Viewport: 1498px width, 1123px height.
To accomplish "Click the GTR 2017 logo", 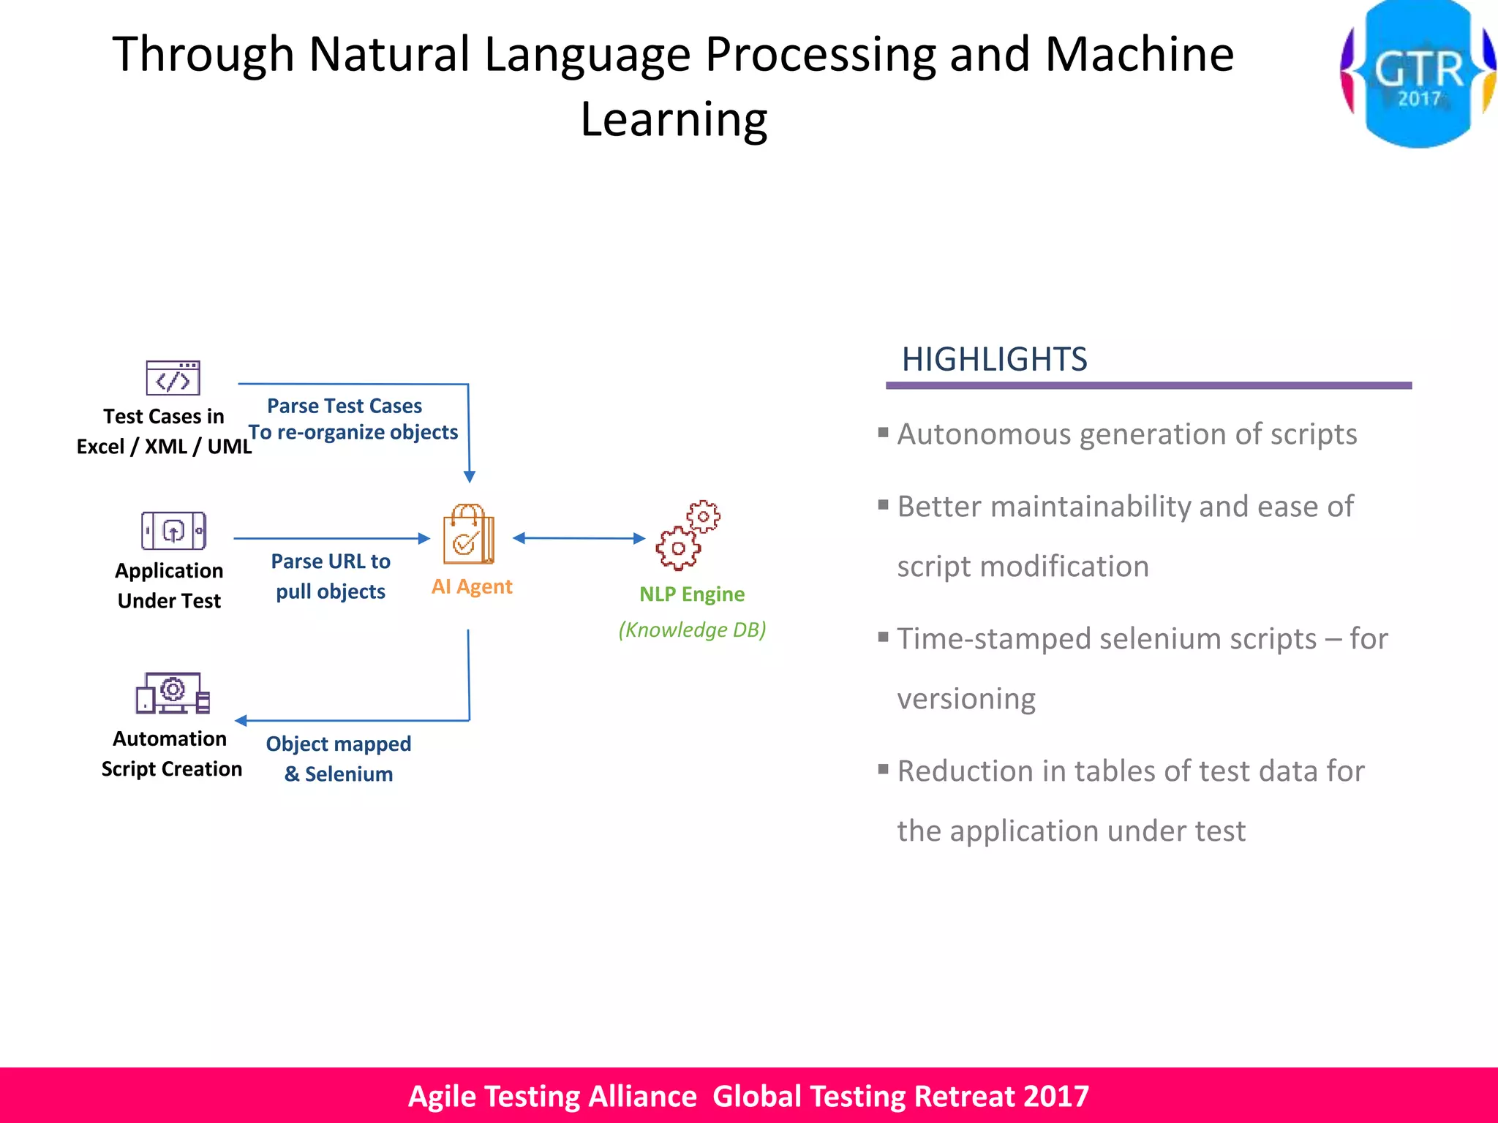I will pos(1418,73).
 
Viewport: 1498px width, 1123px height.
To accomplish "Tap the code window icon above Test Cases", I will pos(173,378).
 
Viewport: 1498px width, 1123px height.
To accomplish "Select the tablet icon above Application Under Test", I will pos(173,531).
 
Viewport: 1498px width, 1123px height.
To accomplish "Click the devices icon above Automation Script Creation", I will pos(173,692).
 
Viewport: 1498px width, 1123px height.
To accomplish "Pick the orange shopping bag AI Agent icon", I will pos(468,534).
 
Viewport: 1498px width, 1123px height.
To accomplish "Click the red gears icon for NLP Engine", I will pos(688,535).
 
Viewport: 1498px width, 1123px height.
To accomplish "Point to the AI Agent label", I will pos(472,586).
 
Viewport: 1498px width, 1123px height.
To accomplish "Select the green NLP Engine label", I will pos(692,594).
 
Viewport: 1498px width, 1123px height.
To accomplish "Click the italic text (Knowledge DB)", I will pos(692,629).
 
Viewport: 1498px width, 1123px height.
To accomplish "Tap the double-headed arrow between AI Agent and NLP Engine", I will pos(579,538).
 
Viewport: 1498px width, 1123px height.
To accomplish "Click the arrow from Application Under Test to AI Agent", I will pos(331,538).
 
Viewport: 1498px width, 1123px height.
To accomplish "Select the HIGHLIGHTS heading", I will pos(994,360).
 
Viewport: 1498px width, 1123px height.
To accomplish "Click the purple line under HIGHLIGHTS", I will pos(1148,385).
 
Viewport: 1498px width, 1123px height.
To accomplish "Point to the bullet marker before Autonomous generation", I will pos(883,432).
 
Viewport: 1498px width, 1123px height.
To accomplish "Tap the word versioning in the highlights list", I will pos(966,699).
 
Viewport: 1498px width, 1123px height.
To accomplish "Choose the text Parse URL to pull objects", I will pos(331,576).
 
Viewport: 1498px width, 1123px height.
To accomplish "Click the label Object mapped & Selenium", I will pos(339,759).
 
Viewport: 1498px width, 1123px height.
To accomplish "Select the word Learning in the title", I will pos(674,119).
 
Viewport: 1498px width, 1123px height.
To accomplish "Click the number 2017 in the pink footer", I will pos(1056,1096).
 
